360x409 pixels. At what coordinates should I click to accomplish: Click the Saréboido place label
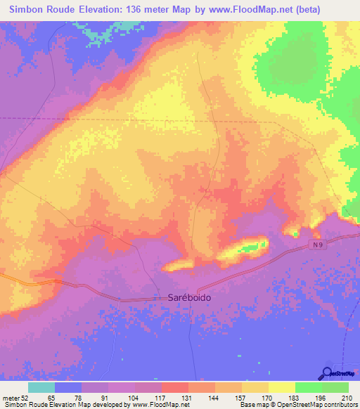189,297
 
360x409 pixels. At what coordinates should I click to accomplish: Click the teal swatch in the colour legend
41,387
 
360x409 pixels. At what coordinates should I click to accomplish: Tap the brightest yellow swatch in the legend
281,387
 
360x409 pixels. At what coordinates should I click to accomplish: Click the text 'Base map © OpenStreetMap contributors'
297,405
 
